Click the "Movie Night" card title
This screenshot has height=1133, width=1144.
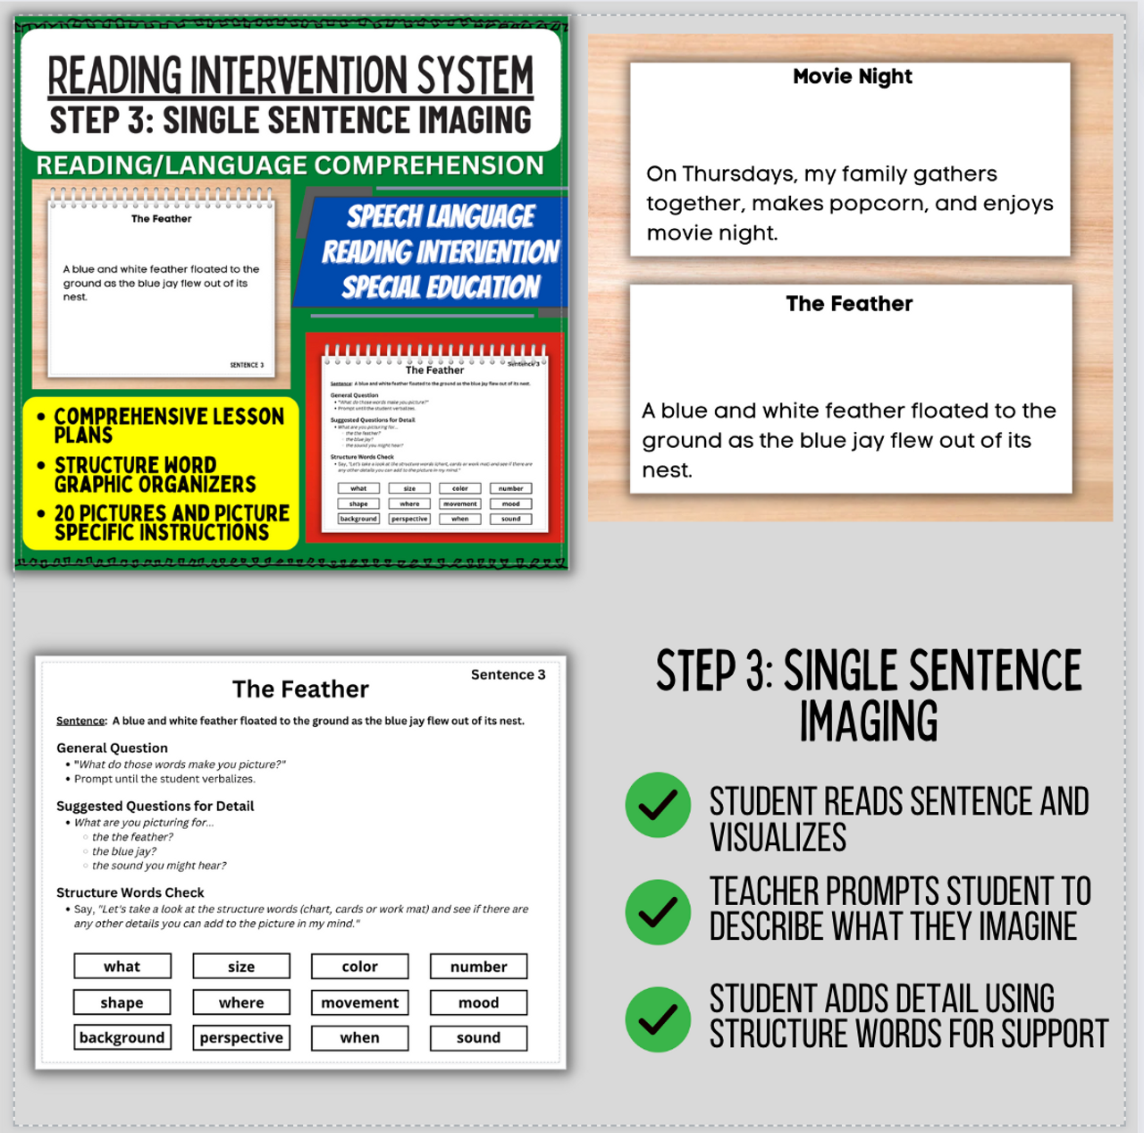tap(853, 77)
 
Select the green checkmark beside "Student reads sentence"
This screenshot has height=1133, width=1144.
tap(659, 805)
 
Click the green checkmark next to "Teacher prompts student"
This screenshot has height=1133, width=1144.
tap(659, 912)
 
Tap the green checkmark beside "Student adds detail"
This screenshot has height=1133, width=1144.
tap(659, 1019)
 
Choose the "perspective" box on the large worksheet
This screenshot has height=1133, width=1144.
tap(241, 1037)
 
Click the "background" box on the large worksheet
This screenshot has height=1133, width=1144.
tap(122, 1037)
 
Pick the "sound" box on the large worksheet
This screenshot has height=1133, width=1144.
tap(478, 1037)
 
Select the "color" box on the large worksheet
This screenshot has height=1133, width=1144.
tap(359, 967)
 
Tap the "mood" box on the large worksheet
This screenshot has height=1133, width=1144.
tap(478, 1002)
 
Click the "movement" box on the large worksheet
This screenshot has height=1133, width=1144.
tap(359, 1002)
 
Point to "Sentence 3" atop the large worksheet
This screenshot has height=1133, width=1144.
tap(508, 675)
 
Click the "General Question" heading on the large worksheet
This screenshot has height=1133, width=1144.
tap(112, 748)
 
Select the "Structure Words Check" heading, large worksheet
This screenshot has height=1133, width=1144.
tap(130, 892)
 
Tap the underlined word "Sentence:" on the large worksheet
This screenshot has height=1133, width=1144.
tap(80, 721)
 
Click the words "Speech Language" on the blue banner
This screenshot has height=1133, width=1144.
tap(440, 216)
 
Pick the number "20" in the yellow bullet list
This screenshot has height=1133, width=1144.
tap(64, 513)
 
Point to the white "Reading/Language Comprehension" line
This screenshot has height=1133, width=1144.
tap(290, 165)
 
